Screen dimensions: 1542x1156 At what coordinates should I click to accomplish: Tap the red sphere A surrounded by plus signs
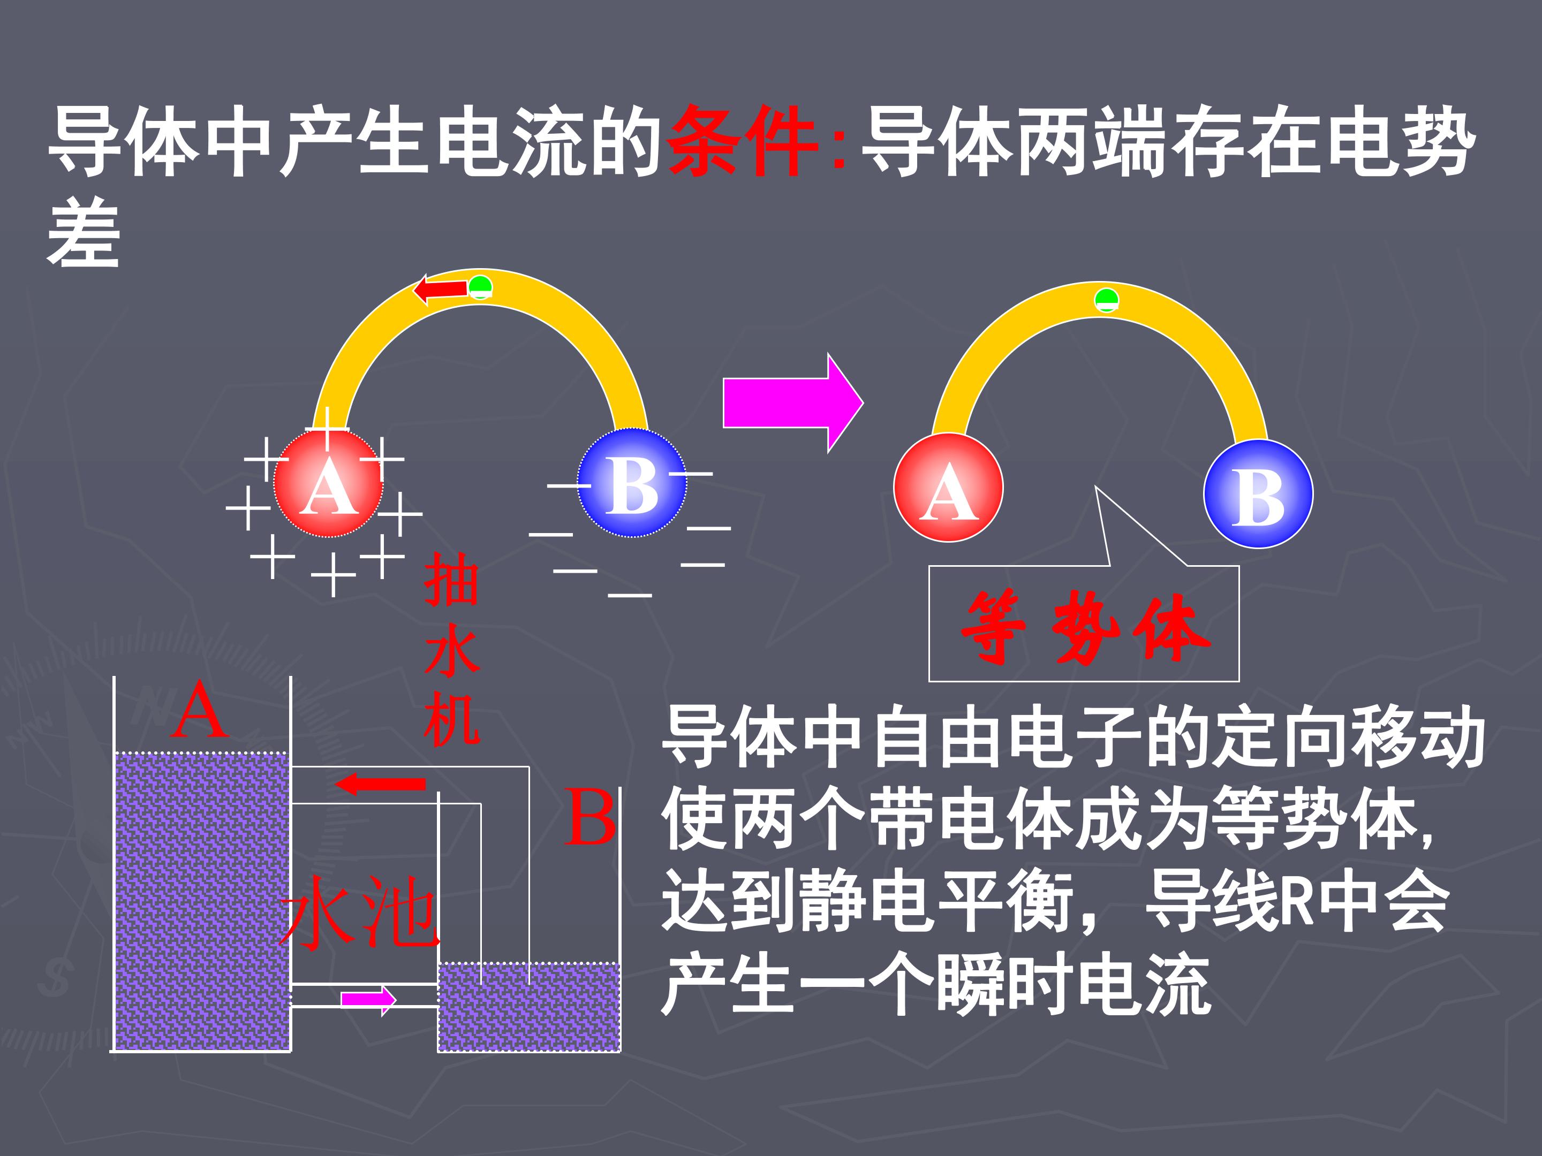coord(328,483)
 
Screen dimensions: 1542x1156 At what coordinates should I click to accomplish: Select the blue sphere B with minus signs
coord(632,483)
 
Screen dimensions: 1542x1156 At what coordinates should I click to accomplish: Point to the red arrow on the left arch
coord(441,288)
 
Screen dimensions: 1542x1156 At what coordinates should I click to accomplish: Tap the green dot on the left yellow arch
coord(480,287)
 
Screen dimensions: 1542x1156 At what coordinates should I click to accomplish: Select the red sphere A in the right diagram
coord(948,488)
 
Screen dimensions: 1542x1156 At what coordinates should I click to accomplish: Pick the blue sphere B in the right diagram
coord(1258,494)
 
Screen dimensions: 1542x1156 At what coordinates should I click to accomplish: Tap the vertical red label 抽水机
coord(452,649)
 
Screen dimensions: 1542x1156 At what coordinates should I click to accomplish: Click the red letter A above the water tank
coord(201,710)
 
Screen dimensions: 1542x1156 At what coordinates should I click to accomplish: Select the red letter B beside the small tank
coord(589,817)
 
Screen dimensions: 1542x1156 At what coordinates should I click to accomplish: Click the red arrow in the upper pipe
coord(380,784)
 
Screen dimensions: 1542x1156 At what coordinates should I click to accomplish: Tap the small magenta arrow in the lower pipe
coord(368,1000)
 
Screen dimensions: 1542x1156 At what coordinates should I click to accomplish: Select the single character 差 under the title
coord(84,232)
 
